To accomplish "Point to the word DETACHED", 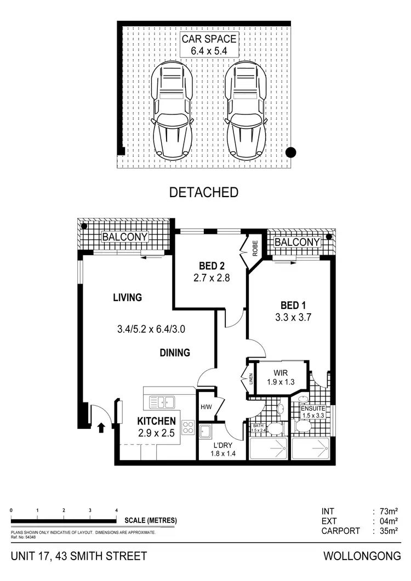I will [x=204, y=192].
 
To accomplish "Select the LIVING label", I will [x=128, y=298].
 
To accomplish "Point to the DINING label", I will [x=175, y=353].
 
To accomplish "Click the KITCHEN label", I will [x=156, y=421].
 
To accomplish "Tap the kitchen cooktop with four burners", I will [x=187, y=427].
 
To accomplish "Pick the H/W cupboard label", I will [x=206, y=407].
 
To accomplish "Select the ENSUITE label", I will [x=313, y=409].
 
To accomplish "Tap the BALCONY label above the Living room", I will [x=125, y=237].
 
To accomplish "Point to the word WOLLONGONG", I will [x=362, y=556].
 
